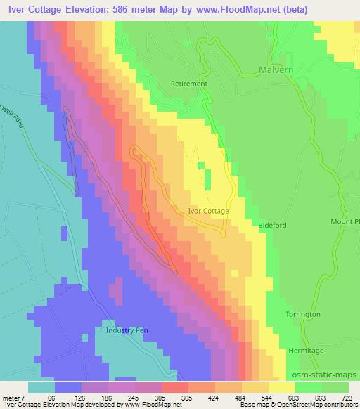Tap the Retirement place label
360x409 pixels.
(x=190, y=84)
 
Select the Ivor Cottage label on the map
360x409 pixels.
(x=209, y=209)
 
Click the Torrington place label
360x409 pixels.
(x=303, y=314)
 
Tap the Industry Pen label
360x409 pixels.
(x=124, y=330)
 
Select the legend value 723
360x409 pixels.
(x=347, y=397)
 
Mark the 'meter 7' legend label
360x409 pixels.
(x=14, y=397)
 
